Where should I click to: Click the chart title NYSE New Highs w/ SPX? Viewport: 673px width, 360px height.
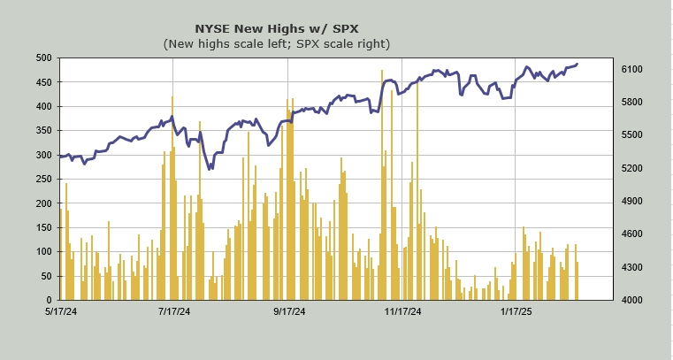(x=276, y=27)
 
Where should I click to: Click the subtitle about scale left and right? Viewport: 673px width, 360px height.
(x=276, y=43)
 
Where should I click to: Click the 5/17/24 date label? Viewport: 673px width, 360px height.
(x=60, y=311)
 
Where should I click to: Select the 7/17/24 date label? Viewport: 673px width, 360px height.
(x=174, y=311)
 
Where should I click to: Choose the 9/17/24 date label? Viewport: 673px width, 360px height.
(x=289, y=311)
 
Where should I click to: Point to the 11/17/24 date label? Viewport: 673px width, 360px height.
(x=402, y=311)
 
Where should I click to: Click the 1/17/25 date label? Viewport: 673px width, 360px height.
(x=516, y=311)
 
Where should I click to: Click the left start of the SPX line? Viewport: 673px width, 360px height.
(x=60, y=156)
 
